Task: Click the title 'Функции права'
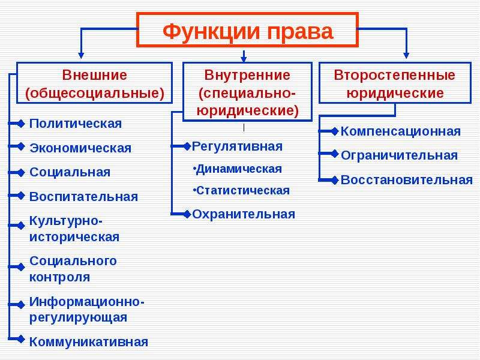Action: coord(248,31)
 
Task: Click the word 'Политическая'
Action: coord(76,124)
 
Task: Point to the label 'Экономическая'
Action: coord(80,148)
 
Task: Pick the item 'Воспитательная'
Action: coord(83,197)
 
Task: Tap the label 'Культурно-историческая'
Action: coord(74,229)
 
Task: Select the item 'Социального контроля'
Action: coord(73,269)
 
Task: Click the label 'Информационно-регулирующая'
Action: coord(86,310)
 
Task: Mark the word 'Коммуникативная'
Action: coord(89,341)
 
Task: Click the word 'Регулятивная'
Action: coord(237,146)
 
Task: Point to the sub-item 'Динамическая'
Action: coord(238,169)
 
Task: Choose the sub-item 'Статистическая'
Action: coord(241,190)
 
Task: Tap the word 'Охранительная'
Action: coord(244,214)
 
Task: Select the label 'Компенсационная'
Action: coord(400,131)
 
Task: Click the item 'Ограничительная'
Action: coord(399,155)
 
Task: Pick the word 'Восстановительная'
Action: coord(407,179)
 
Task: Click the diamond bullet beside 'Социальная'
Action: coord(21,172)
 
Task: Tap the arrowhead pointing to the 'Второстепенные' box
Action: coord(406,55)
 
